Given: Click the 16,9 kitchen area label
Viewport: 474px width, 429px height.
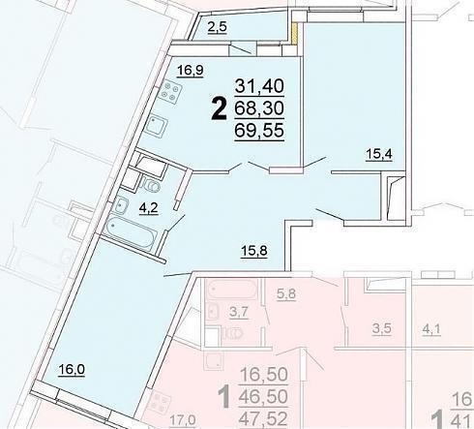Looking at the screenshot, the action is point(191,70).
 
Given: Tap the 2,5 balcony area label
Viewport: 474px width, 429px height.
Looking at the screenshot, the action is point(218,27).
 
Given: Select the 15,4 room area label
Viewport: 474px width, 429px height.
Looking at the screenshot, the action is point(379,154).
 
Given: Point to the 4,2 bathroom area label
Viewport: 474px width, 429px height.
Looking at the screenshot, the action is point(148,208).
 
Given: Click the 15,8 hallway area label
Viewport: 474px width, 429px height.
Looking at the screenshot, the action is point(254,250).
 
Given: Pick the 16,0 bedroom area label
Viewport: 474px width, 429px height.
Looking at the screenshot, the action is point(72,369).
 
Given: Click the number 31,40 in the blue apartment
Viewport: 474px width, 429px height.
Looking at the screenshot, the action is point(259,86).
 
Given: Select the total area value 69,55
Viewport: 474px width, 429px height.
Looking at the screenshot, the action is point(259,131).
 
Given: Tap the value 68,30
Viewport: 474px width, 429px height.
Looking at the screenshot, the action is point(259,108).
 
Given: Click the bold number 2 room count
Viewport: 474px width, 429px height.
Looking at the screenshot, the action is point(219,109).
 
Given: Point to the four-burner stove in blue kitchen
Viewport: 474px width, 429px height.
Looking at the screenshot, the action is point(170,92).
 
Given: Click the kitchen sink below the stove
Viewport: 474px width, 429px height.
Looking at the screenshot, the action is point(157,126).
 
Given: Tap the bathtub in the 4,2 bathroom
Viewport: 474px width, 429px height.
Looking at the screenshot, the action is point(131,231).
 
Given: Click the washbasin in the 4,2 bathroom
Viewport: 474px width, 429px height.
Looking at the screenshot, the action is point(121,205).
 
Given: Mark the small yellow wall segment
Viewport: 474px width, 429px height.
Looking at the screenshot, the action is point(294,33).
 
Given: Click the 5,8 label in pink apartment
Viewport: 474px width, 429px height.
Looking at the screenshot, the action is point(286,294).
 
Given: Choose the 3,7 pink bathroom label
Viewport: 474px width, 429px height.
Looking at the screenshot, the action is point(239,312).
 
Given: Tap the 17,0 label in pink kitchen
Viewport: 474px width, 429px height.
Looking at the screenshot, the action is point(183,420).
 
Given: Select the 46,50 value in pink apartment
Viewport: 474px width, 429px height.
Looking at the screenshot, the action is point(263,396).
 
